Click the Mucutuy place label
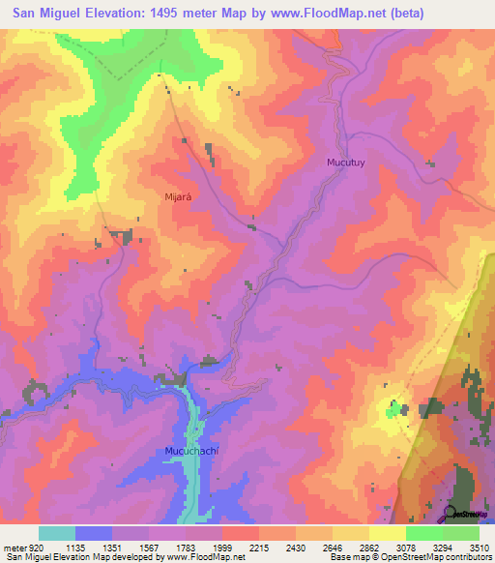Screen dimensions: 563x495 tap(344, 164)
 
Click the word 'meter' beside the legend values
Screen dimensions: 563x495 tap(13, 546)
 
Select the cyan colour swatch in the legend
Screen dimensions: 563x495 tap(57, 533)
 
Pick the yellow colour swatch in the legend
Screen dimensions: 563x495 tap(387, 533)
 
